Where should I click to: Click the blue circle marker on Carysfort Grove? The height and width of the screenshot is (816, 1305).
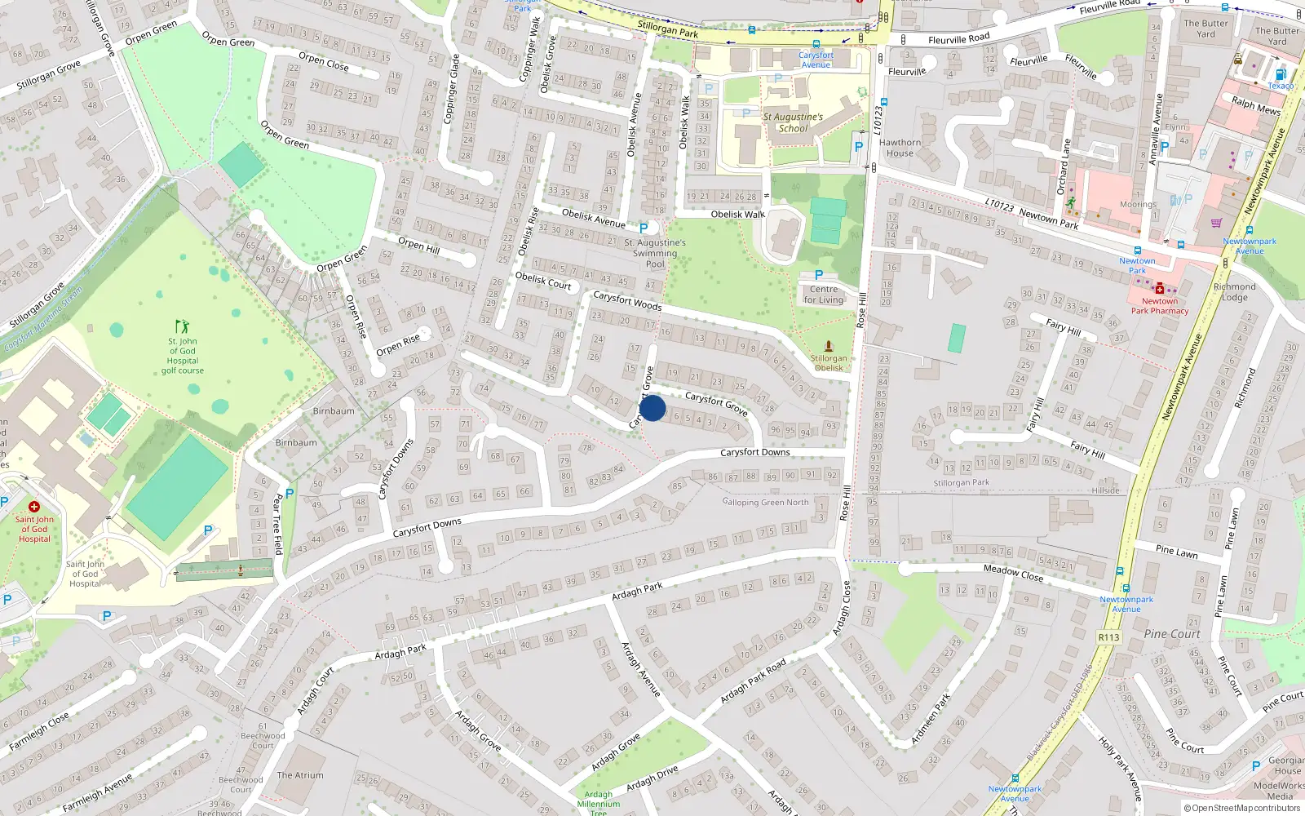pyautogui.click(x=652, y=408)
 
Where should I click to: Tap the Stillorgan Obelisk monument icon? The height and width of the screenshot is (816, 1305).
pyautogui.click(x=829, y=346)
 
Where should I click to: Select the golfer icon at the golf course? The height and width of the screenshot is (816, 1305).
pyautogui.click(x=182, y=326)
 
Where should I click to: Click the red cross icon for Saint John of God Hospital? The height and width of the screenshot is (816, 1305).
pyautogui.click(x=34, y=507)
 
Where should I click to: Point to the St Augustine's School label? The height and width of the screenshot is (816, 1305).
pyautogui.click(x=793, y=122)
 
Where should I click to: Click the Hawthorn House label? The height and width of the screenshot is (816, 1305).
pyautogui.click(x=900, y=148)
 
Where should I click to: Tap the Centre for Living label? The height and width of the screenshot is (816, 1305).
pyautogui.click(x=824, y=295)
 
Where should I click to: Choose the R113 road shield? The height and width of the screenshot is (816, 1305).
pyautogui.click(x=1108, y=637)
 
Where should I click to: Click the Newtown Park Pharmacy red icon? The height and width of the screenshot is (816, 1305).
pyautogui.click(x=1159, y=289)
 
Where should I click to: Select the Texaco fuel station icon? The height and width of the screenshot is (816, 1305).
pyautogui.click(x=1281, y=74)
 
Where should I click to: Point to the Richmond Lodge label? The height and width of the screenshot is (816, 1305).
pyautogui.click(x=1234, y=292)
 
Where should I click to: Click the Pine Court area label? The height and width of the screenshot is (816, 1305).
pyautogui.click(x=1171, y=634)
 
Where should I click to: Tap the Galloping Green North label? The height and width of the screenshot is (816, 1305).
pyautogui.click(x=765, y=503)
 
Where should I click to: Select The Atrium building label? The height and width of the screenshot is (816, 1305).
pyautogui.click(x=300, y=775)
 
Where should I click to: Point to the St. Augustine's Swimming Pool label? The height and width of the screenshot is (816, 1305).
pyautogui.click(x=655, y=253)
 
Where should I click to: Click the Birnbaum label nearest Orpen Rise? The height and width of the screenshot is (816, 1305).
pyautogui.click(x=334, y=411)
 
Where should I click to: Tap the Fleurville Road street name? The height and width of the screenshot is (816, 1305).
pyautogui.click(x=958, y=38)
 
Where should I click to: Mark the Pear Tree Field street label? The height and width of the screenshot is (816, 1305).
pyautogui.click(x=277, y=524)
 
